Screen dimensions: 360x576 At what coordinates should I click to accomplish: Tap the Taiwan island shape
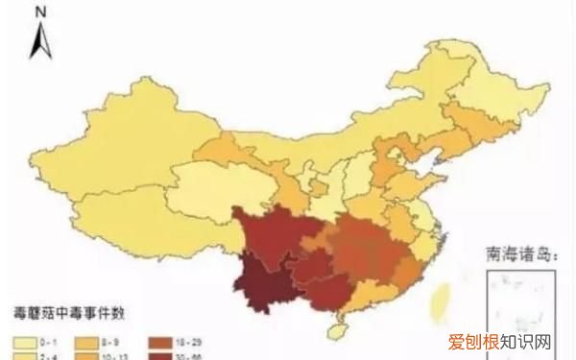pos(443,293)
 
